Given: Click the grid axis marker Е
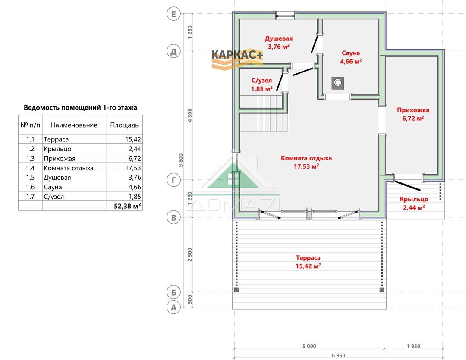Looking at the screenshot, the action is (173, 14).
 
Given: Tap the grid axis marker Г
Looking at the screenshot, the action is (173, 180).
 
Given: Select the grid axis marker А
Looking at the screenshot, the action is (173, 307).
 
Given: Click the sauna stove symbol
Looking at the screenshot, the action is (337, 83).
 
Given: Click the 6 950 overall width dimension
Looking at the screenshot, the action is (339, 355).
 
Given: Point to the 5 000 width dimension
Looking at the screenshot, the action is (309, 346).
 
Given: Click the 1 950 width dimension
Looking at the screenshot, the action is (413, 346).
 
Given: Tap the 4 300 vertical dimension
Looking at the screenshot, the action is (189, 115).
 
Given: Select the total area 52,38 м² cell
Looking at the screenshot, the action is (127, 206).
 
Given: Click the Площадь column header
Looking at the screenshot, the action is (124, 125).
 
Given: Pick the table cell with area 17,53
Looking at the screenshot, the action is (133, 168).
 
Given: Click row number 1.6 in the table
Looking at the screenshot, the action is (30, 187).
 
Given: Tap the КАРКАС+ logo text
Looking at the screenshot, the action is (237, 55).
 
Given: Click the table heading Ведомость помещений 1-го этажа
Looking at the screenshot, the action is (80, 107).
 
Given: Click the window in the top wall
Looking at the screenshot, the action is (285, 15).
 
